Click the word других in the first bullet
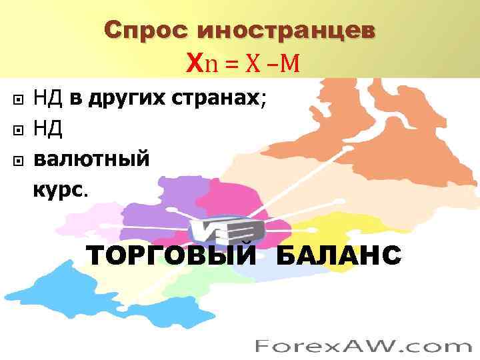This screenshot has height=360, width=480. tap(125, 100)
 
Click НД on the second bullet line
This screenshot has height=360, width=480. tap(48, 131)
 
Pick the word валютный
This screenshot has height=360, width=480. tap(91, 161)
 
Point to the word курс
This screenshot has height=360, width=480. tap(59, 191)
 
